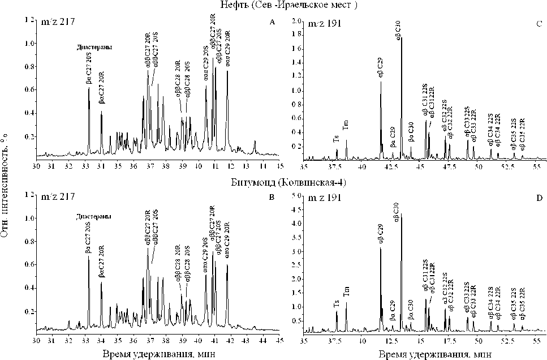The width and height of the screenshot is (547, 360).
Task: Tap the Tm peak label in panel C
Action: [346, 126]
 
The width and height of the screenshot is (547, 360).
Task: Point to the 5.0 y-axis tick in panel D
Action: [295, 196]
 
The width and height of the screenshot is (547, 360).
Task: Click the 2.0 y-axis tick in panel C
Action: [295, 20]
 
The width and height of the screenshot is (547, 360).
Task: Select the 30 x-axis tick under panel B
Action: [37, 341]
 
